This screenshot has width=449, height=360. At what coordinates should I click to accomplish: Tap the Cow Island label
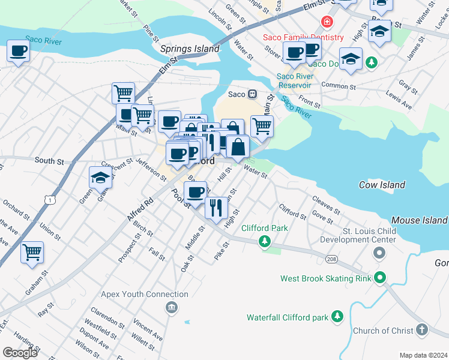[x=382, y=185]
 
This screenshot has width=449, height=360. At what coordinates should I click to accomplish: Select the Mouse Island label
[x=419, y=221]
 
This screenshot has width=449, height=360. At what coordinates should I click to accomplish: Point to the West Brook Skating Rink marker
[x=379, y=278]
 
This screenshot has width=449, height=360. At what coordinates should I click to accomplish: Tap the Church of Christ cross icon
[x=422, y=330]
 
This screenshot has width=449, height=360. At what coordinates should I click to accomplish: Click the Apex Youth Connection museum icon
[x=172, y=308]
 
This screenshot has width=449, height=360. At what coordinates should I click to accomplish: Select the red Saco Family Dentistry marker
[x=327, y=23]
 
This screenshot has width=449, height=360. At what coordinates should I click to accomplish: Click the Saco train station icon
[x=253, y=94]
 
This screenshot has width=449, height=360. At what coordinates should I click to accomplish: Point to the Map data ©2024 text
[x=423, y=355]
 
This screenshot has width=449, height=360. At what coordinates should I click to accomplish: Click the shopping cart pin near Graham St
[x=32, y=251]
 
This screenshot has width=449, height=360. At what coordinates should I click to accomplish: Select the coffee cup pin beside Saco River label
[x=19, y=51]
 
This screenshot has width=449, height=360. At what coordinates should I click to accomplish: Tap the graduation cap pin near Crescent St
[x=100, y=177]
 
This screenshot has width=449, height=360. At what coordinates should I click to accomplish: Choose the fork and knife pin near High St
[x=216, y=207]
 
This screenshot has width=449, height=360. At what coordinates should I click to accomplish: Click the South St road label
[x=49, y=161]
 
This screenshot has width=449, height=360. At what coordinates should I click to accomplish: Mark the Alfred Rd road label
[x=140, y=210]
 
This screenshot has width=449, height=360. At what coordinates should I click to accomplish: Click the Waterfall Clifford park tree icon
[x=337, y=316]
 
